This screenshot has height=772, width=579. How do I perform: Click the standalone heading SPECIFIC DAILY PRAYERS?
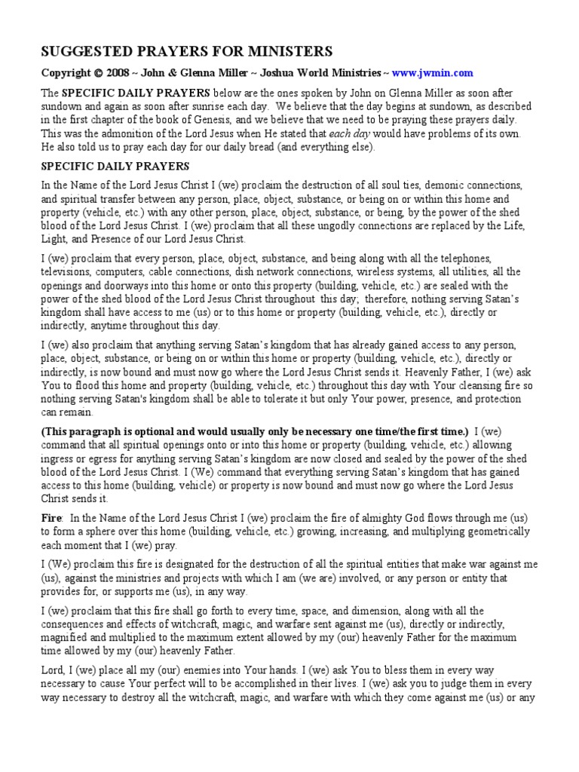coord(115,166)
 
